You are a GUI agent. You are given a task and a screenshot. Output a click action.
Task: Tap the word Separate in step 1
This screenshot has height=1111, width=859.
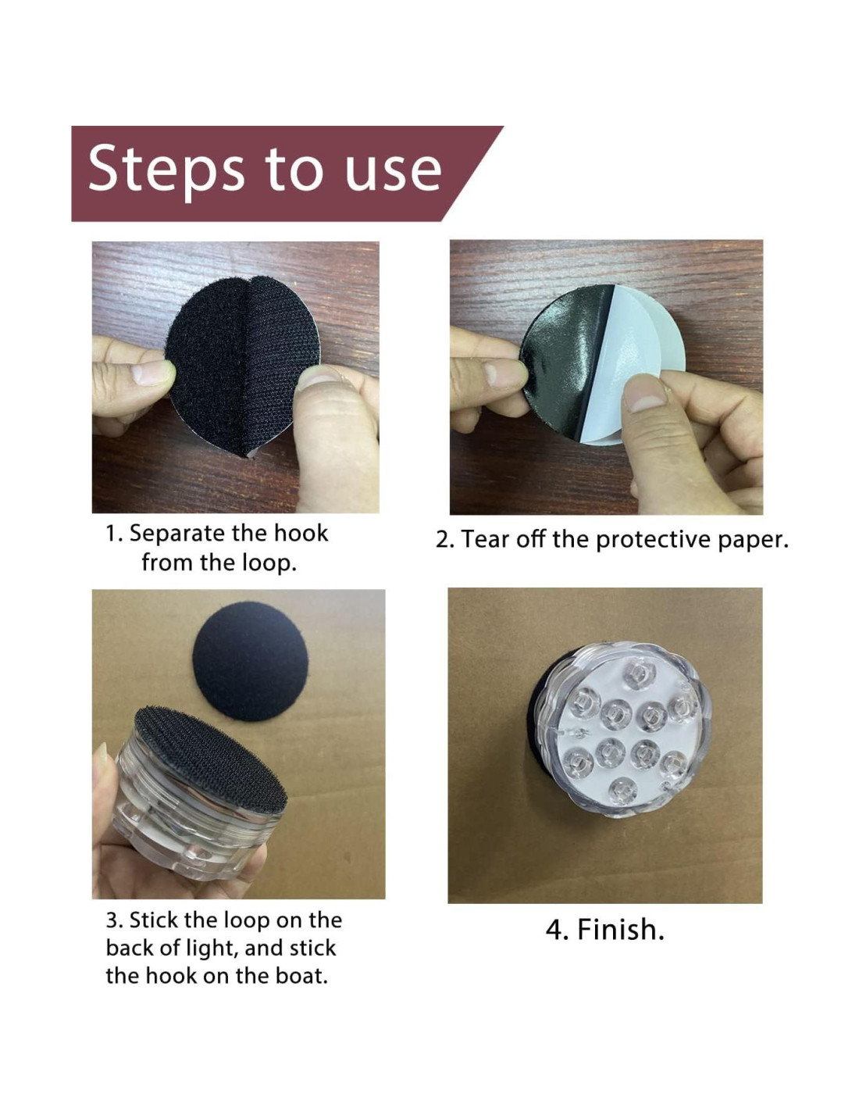point(176,534)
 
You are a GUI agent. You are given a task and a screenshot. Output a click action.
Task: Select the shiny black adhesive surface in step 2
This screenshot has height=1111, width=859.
point(563,358)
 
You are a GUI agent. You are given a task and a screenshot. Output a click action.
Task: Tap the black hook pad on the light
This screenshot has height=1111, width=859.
point(209,758)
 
